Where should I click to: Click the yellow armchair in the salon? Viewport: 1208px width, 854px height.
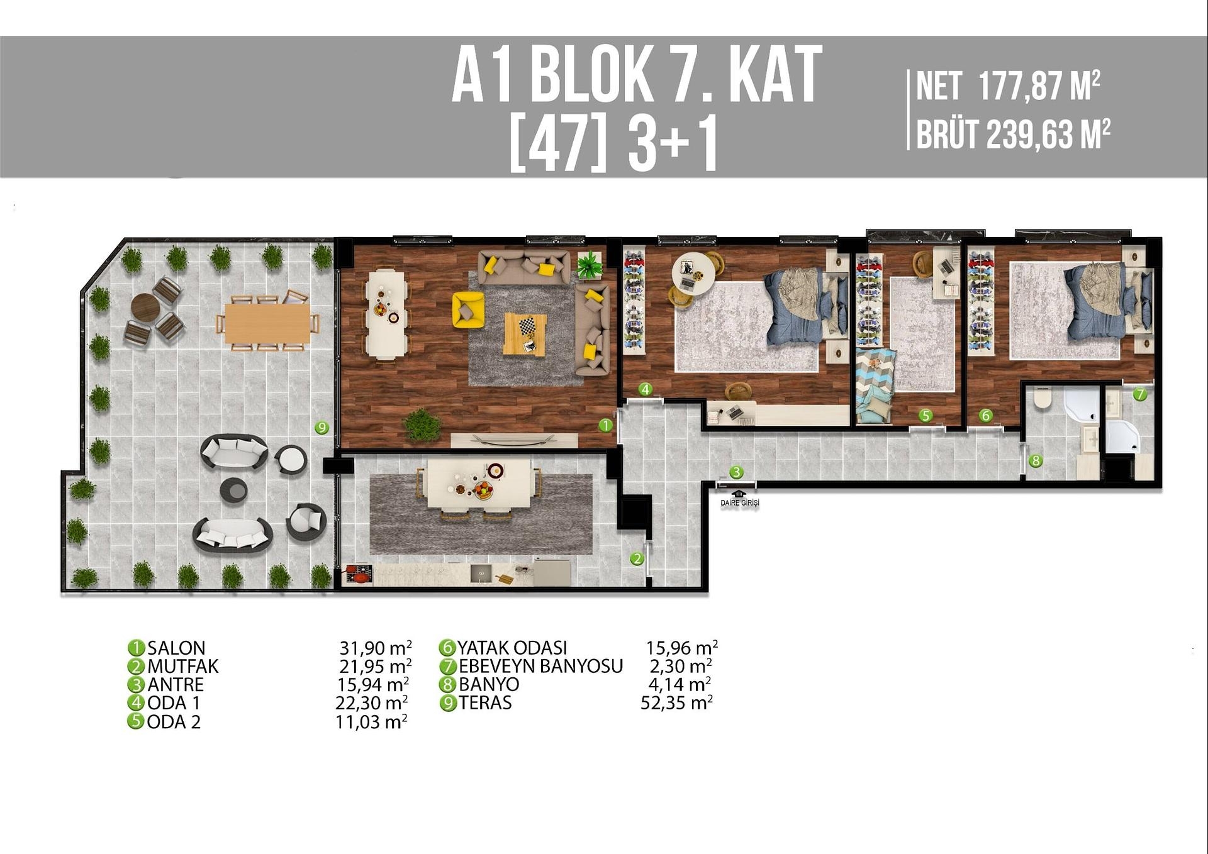(467, 309)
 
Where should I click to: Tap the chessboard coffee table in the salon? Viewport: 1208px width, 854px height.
(525, 334)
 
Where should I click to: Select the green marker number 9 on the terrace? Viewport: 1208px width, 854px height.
(322, 428)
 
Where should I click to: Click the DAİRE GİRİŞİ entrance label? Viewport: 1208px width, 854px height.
(740, 502)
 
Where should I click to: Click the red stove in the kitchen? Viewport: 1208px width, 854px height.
(359, 575)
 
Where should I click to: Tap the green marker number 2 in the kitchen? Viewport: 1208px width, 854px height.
(637, 558)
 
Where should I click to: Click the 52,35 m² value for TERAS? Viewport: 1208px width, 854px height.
(676, 702)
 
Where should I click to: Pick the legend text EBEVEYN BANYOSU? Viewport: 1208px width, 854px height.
(540, 666)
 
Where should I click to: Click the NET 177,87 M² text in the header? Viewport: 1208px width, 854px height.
(1007, 86)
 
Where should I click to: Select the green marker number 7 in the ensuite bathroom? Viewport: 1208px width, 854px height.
(1139, 394)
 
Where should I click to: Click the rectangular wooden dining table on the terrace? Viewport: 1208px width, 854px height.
(267, 324)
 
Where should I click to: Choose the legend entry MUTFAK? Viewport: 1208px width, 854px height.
(182, 666)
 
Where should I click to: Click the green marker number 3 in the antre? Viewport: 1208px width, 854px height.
(736, 472)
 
